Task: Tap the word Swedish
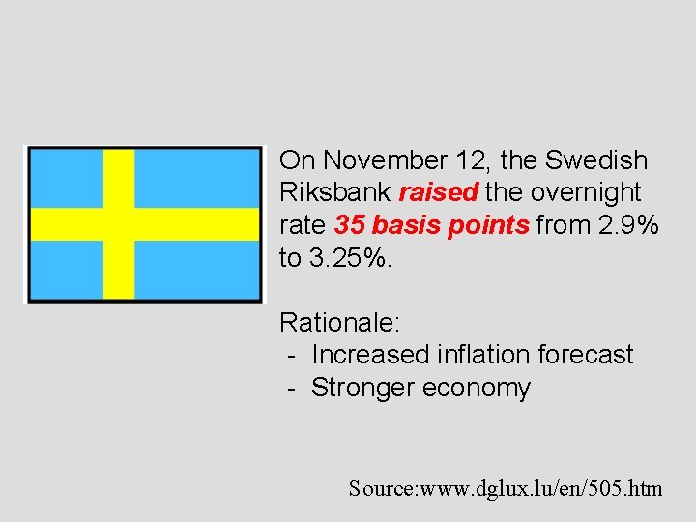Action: point(596,159)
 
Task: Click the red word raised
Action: point(438,191)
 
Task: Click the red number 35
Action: point(349,224)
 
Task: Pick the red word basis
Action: point(404,224)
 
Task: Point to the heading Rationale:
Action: point(340,322)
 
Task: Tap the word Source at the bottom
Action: point(381,489)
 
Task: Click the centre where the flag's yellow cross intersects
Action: point(118,223)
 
